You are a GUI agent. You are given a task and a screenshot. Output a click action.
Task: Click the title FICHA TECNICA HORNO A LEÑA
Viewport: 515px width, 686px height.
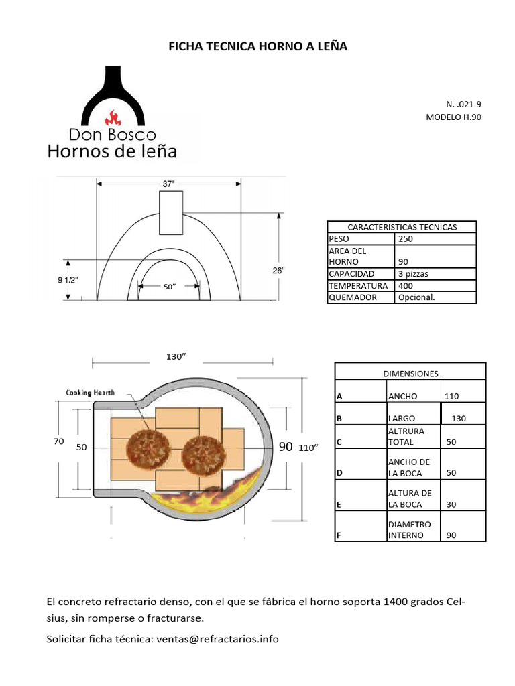pyautogui.click(x=257, y=46)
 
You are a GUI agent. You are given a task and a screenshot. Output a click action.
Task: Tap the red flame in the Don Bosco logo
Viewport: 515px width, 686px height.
pyautogui.click(x=113, y=118)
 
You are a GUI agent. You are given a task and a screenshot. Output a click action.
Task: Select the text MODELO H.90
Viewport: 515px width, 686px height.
pyautogui.click(x=453, y=117)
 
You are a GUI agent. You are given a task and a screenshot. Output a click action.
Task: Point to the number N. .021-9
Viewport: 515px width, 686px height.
pyautogui.click(x=463, y=105)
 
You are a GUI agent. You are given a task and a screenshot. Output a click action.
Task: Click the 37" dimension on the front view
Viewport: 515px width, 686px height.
pyautogui.click(x=168, y=183)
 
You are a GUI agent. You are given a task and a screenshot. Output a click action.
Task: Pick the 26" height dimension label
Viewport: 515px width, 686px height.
pyautogui.click(x=278, y=270)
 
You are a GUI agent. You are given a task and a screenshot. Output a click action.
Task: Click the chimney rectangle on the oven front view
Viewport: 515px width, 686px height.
pyautogui.click(x=171, y=212)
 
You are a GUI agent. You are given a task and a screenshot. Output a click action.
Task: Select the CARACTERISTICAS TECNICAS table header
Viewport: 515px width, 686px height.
pyautogui.click(x=402, y=227)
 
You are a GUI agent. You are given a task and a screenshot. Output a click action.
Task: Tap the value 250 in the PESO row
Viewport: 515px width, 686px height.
pyautogui.click(x=406, y=238)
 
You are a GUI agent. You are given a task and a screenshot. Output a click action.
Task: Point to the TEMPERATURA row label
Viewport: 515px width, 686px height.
pyautogui.click(x=358, y=286)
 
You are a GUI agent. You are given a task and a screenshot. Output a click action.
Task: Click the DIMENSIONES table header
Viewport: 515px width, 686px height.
pyautogui.click(x=410, y=373)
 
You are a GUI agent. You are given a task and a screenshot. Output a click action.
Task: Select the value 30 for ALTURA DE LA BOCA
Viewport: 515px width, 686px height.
pyautogui.click(x=451, y=505)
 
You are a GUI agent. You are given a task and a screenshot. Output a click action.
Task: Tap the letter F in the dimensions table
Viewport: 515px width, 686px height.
pyautogui.click(x=339, y=535)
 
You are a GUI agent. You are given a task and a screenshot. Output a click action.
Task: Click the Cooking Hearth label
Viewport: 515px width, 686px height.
pyautogui.click(x=91, y=393)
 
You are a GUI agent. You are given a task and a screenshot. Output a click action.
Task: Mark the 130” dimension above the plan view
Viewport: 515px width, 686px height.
pyautogui.click(x=176, y=356)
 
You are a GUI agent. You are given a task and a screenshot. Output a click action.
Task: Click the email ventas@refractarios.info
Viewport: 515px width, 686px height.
pyautogui.click(x=217, y=639)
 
